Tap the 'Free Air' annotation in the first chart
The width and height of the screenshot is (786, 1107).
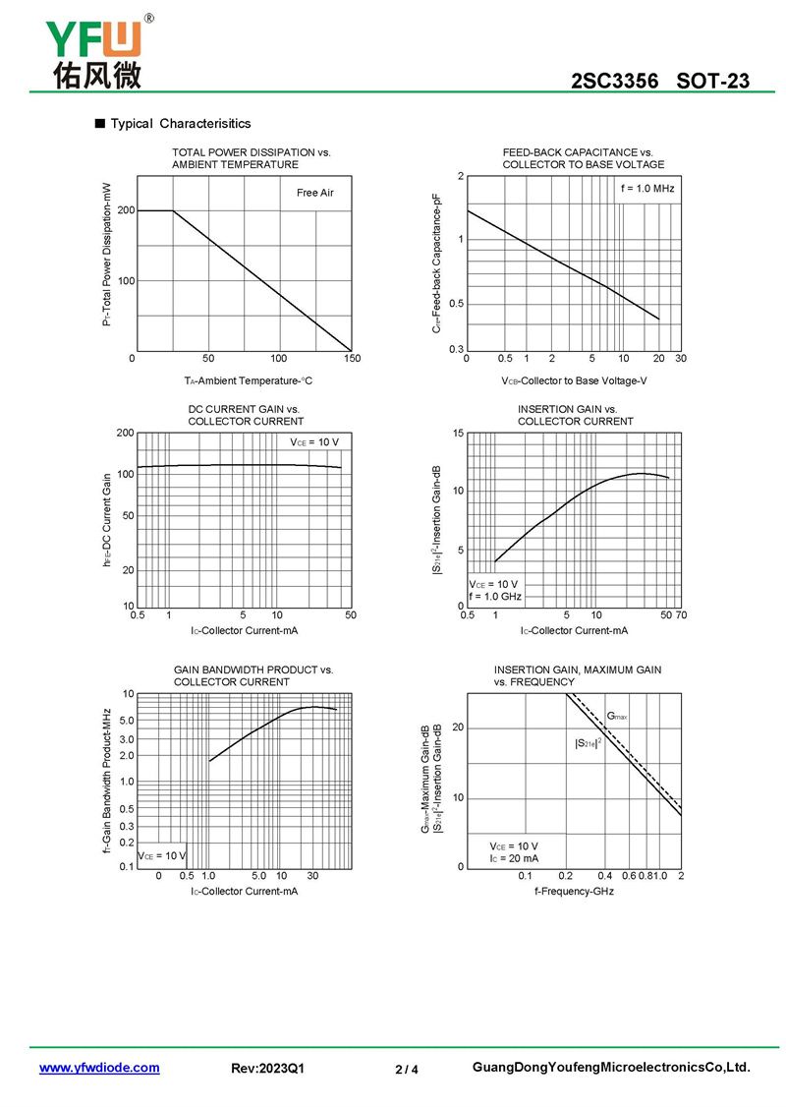[x=314, y=193]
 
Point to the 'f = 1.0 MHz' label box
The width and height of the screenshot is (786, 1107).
[x=647, y=188]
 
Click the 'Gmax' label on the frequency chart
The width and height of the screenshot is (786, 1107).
[x=617, y=717]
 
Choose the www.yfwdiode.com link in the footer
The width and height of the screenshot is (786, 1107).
[x=99, y=1068]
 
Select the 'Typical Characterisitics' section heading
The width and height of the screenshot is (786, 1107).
[x=180, y=124]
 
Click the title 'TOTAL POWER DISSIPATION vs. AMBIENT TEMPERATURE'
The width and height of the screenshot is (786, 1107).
[x=251, y=158]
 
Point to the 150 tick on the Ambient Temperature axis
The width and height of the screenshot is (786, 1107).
[x=352, y=359]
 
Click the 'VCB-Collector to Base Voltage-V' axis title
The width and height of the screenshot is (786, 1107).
[x=574, y=380]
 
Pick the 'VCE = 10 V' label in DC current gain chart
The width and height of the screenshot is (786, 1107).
[x=314, y=442]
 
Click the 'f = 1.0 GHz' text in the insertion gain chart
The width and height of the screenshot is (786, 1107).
[x=495, y=597]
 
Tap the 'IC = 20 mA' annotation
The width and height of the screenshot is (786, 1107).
[x=514, y=858]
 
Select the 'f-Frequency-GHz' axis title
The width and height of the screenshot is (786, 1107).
[x=574, y=891]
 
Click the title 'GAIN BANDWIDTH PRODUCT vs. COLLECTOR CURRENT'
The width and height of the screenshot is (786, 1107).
[x=253, y=675]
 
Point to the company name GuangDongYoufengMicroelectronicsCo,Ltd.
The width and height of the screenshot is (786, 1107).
[x=611, y=1068]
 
